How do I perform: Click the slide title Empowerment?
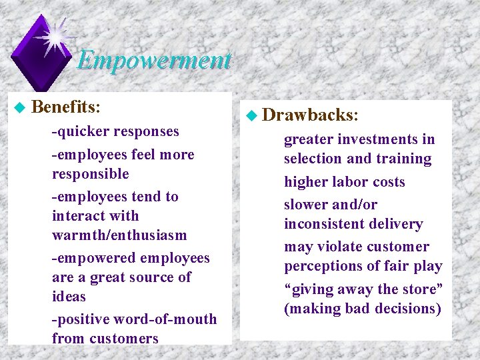(x=154, y=61)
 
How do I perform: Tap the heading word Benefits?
(x=65, y=107)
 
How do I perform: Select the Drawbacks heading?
(x=309, y=115)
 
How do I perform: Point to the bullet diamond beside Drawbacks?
(x=250, y=115)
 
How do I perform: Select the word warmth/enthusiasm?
(x=119, y=235)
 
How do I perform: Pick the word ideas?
(x=69, y=297)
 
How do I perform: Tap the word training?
(x=403, y=159)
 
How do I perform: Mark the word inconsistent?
(x=326, y=224)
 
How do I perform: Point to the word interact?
(x=75, y=216)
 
